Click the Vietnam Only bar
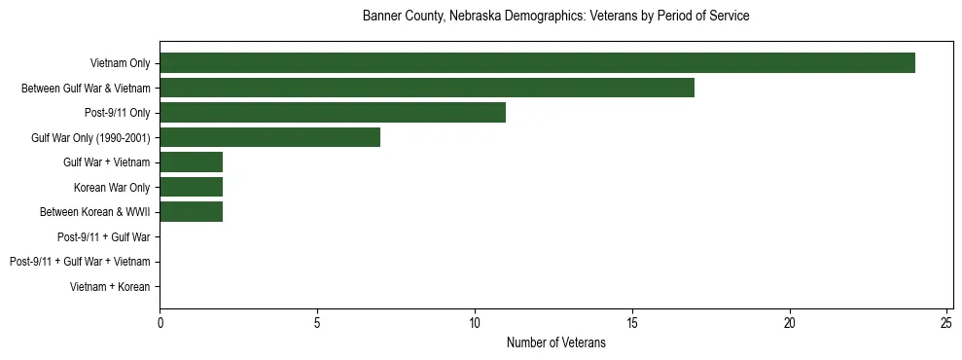tap(537, 63)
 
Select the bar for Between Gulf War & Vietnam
tap(427, 89)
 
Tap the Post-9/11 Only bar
tap(333, 113)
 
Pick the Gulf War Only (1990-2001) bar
tap(269, 137)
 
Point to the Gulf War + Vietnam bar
tap(191, 162)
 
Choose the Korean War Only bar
tap(191, 187)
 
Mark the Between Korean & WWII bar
tap(191, 212)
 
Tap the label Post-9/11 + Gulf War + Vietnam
tap(80, 262)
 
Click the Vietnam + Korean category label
tap(110, 287)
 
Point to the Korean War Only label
tap(112, 188)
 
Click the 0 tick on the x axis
tap(160, 322)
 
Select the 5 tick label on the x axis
tap(317, 322)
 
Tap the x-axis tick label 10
tap(475, 322)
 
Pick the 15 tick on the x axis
tap(632, 322)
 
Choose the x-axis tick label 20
tap(790, 322)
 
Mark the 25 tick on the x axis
tap(947, 322)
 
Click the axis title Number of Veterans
tap(555, 342)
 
